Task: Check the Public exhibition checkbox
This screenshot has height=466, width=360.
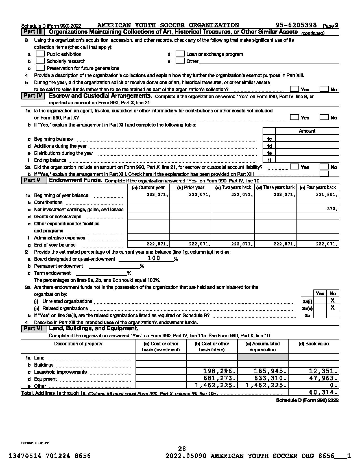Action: pyautogui.click(x=40, y=54)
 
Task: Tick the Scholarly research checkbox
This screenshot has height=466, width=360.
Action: pyautogui.click(x=40, y=61)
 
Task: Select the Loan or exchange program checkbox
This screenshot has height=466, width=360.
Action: pyautogui.click(x=180, y=54)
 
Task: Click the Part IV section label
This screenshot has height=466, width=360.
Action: pyautogui.click(x=33, y=96)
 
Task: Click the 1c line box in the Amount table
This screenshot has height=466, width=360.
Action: pyautogui.click(x=269, y=139)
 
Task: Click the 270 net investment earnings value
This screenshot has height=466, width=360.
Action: pyautogui.click(x=332, y=209)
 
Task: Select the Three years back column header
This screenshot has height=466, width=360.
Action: pyautogui.click(x=275, y=188)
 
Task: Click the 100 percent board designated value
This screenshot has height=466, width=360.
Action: pyautogui.click(x=154, y=258)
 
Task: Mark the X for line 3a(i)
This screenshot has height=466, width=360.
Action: pyautogui.click(x=333, y=301)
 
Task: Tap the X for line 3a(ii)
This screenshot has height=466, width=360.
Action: pyautogui.click(x=333, y=308)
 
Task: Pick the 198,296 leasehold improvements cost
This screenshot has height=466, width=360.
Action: pyautogui.click(x=219, y=371)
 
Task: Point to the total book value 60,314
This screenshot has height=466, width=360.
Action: pyautogui.click(x=323, y=392)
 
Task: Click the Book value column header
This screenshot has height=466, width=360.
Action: pyautogui.click(x=313, y=344)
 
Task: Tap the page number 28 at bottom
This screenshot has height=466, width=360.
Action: pyautogui.click(x=182, y=448)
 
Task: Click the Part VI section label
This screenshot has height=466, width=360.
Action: pyautogui.click(x=33, y=328)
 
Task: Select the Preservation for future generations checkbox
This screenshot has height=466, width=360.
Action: pyautogui.click(x=40, y=68)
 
